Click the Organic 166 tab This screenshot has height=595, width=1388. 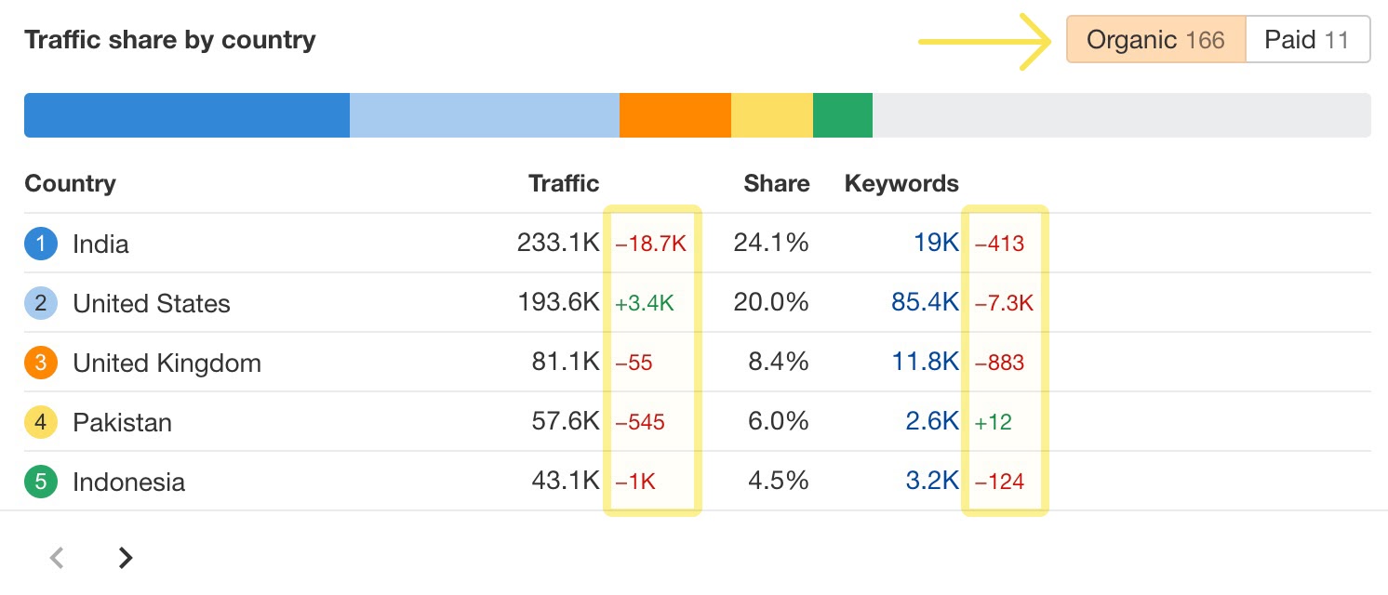(1155, 40)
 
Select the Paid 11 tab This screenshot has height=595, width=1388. (1307, 40)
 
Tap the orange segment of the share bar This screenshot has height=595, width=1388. (674, 115)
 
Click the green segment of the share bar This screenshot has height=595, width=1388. (842, 115)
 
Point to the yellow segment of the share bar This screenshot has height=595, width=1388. (771, 115)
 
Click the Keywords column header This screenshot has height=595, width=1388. (901, 183)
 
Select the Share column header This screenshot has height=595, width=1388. (776, 183)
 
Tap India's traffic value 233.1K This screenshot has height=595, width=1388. (558, 244)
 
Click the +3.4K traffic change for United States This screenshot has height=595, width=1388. (644, 303)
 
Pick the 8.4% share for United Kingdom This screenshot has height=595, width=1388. (779, 363)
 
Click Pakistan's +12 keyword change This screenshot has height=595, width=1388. (993, 422)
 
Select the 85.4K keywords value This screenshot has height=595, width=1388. (925, 303)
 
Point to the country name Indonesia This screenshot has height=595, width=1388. (128, 482)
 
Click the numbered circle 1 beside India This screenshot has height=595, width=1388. (41, 244)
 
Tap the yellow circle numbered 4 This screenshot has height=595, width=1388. (41, 422)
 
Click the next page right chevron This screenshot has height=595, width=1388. (126, 558)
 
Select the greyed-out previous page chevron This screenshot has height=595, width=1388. (57, 558)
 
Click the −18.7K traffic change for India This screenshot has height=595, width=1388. (650, 244)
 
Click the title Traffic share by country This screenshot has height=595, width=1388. (169, 40)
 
